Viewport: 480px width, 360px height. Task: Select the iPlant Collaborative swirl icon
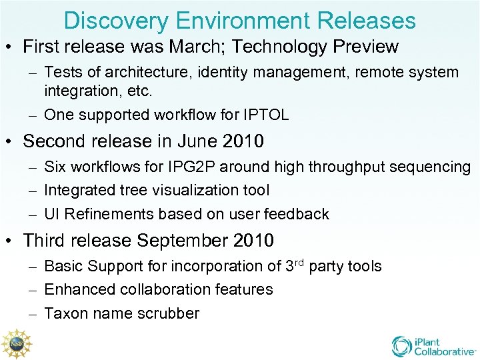tap(402, 345)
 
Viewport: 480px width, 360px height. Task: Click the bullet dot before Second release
tap(12, 142)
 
